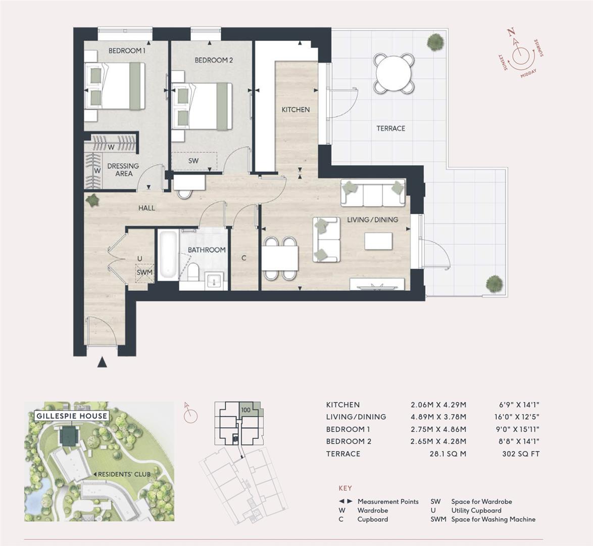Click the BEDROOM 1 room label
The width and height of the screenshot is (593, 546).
tap(127, 51)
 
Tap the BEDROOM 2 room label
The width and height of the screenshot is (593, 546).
tap(214, 60)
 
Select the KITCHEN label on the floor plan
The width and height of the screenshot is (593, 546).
tap(295, 110)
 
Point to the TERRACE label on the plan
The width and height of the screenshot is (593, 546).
tap(390, 128)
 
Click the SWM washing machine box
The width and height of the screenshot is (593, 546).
tap(144, 273)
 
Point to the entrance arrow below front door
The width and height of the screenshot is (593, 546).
tap(103, 361)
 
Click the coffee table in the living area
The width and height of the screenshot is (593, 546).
tap(378, 241)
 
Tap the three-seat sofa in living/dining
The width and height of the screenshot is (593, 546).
tap(373, 193)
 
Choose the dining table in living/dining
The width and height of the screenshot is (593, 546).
tap(280, 258)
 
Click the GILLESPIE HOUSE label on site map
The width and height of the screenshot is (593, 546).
tap(72, 416)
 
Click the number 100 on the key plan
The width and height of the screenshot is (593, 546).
tap(246, 410)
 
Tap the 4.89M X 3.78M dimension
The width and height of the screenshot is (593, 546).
tap(438, 417)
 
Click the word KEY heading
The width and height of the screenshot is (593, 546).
tap(345, 488)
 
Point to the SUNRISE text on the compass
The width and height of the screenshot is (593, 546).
tap(538, 48)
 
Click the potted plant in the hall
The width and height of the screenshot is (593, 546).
tap(93, 201)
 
